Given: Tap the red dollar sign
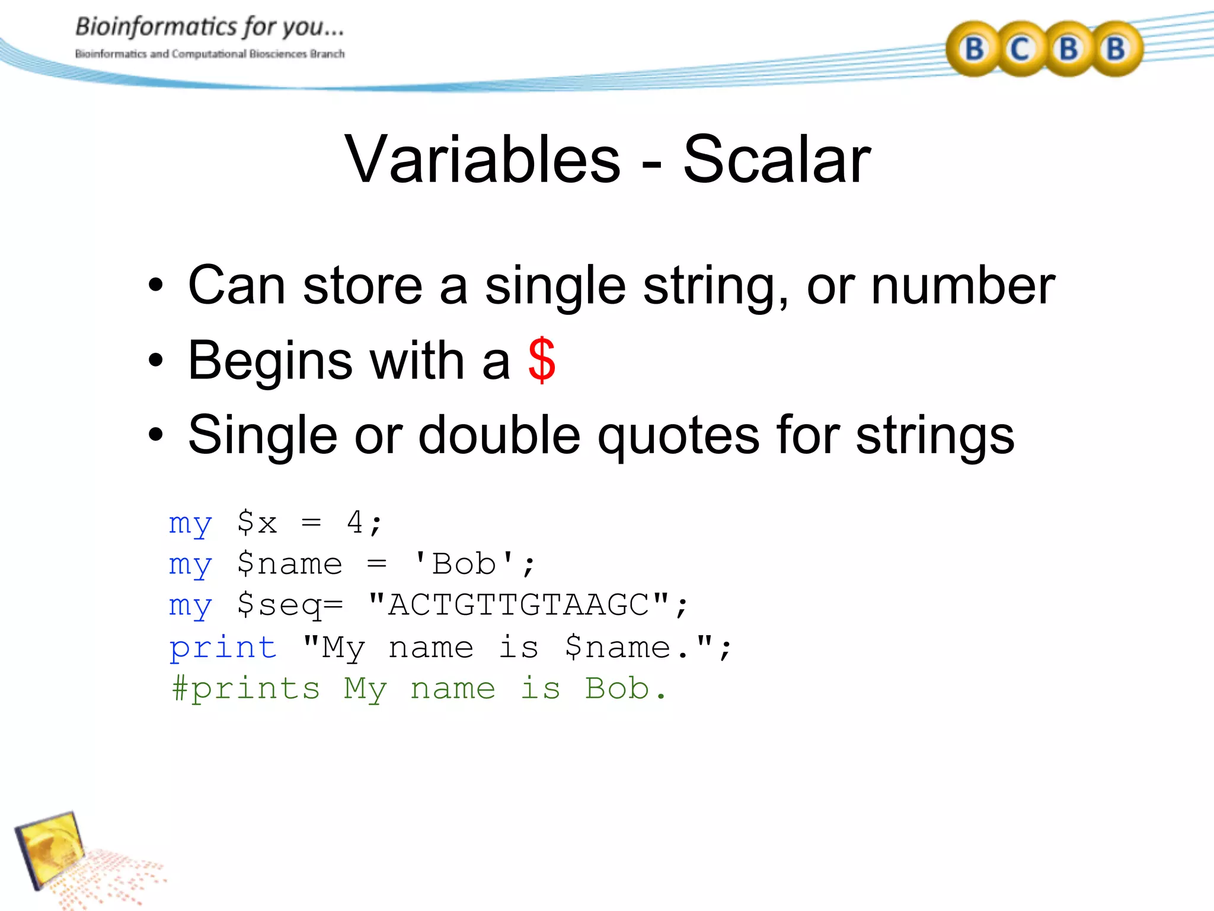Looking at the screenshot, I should tap(542, 360).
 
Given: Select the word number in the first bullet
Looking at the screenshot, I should tap(963, 286).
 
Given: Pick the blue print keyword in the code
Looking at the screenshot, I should tap(223, 648).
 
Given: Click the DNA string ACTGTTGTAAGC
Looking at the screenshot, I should tap(519, 605).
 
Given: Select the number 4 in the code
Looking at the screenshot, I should tap(354, 523).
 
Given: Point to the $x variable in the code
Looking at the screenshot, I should tap(257, 523).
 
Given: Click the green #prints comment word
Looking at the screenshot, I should tap(245, 689).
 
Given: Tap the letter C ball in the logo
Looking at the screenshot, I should tap(1020, 49).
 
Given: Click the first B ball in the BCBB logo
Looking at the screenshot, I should tap(973, 49).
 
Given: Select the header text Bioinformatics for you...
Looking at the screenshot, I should tap(209, 27).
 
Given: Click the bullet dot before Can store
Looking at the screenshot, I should tap(155, 286).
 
